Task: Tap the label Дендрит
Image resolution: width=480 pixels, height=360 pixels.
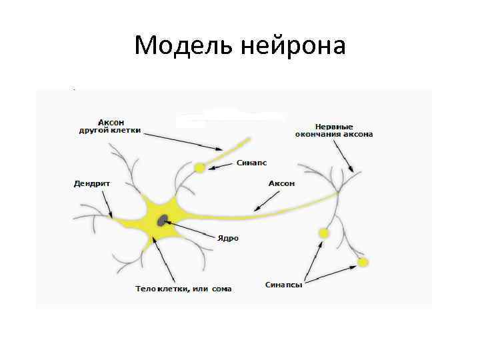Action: pyautogui.click(x=91, y=183)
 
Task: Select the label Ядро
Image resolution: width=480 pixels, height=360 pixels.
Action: pyautogui.click(x=227, y=237)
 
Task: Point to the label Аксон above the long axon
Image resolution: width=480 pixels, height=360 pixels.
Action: pyautogui.click(x=281, y=183)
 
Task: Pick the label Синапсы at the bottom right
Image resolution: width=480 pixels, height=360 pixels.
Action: pyautogui.click(x=284, y=285)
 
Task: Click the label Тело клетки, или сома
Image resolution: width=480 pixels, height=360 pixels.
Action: pyautogui.click(x=183, y=289)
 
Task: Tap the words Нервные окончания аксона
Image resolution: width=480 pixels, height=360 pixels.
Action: pyautogui.click(x=334, y=129)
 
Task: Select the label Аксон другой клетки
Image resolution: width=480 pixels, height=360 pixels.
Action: pyautogui.click(x=110, y=126)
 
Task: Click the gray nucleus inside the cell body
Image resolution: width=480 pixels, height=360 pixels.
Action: pyautogui.click(x=162, y=220)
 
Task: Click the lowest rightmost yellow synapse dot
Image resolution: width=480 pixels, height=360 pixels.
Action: pyautogui.click(x=363, y=262)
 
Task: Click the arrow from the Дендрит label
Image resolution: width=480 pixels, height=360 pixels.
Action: pyautogui.click(x=107, y=203)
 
